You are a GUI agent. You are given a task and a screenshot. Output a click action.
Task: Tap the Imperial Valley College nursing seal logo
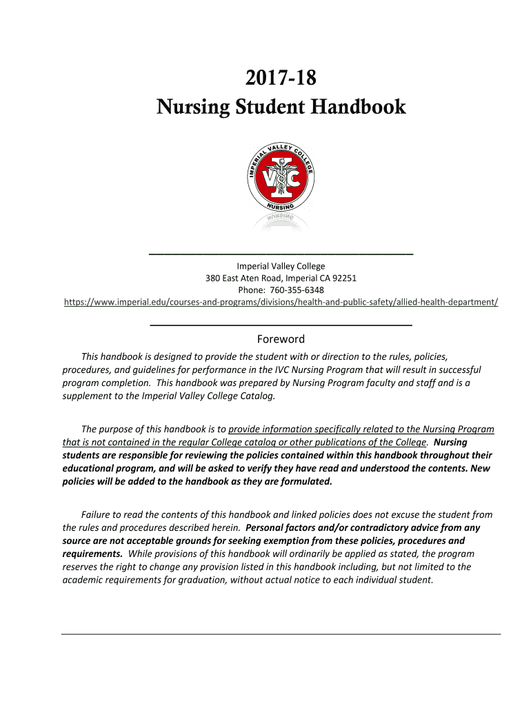pyautogui.click(x=281, y=179)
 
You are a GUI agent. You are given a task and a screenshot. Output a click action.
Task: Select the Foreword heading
pyautogui.click(x=281, y=339)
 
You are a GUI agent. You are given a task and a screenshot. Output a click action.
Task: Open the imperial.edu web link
pyautogui.click(x=281, y=302)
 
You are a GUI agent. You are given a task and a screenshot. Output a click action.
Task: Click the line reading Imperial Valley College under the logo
pyautogui.click(x=281, y=266)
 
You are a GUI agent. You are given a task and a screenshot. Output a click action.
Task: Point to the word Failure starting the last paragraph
pyautogui.click(x=97, y=514)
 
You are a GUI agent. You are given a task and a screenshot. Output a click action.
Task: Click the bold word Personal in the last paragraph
pyautogui.click(x=265, y=527)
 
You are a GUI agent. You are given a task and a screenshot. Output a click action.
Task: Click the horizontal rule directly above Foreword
pyautogui.click(x=281, y=324)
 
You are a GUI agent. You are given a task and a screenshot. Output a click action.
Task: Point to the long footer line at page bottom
pyautogui.click(x=281, y=634)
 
